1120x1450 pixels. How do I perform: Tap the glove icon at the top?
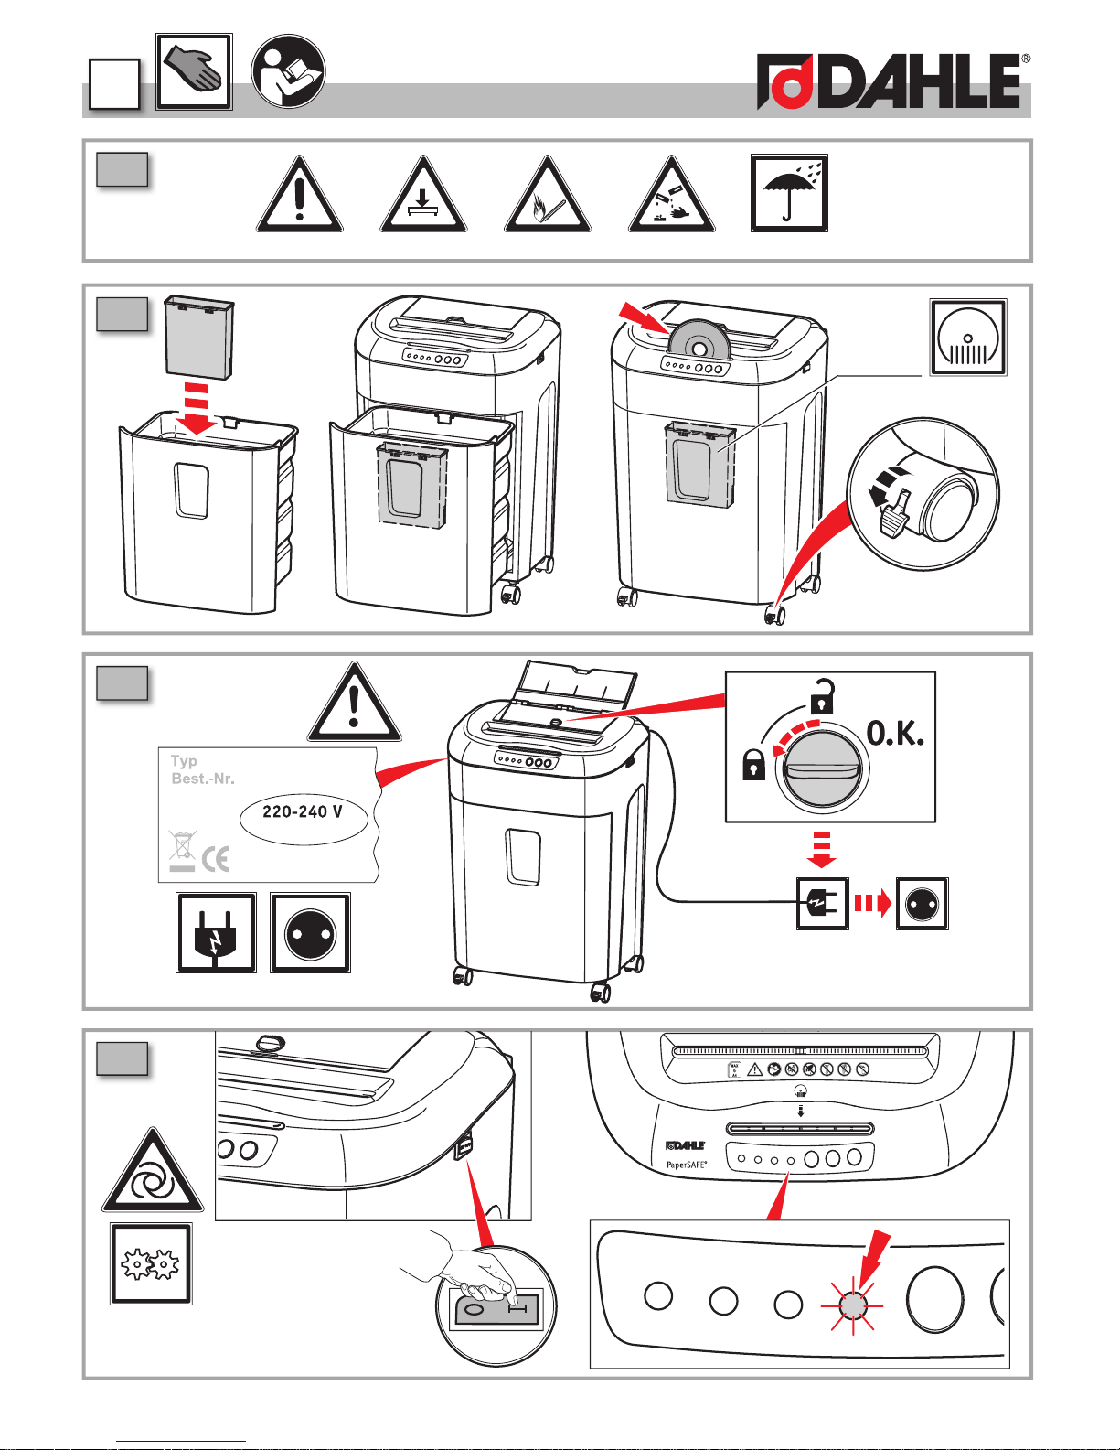[x=194, y=71]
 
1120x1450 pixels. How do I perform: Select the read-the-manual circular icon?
[x=288, y=71]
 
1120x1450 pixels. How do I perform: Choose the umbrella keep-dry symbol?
[x=789, y=193]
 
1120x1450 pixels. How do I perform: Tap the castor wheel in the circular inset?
[x=946, y=505]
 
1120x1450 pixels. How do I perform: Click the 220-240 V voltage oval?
[x=303, y=812]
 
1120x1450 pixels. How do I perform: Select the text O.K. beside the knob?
[x=895, y=733]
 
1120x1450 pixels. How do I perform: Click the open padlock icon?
[x=823, y=697]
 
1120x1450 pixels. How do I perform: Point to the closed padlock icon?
[x=753, y=765]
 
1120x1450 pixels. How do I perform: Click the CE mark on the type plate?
[x=216, y=858]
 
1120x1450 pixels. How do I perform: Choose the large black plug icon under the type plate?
[x=216, y=932]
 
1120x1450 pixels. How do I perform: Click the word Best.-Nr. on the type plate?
[x=203, y=779]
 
